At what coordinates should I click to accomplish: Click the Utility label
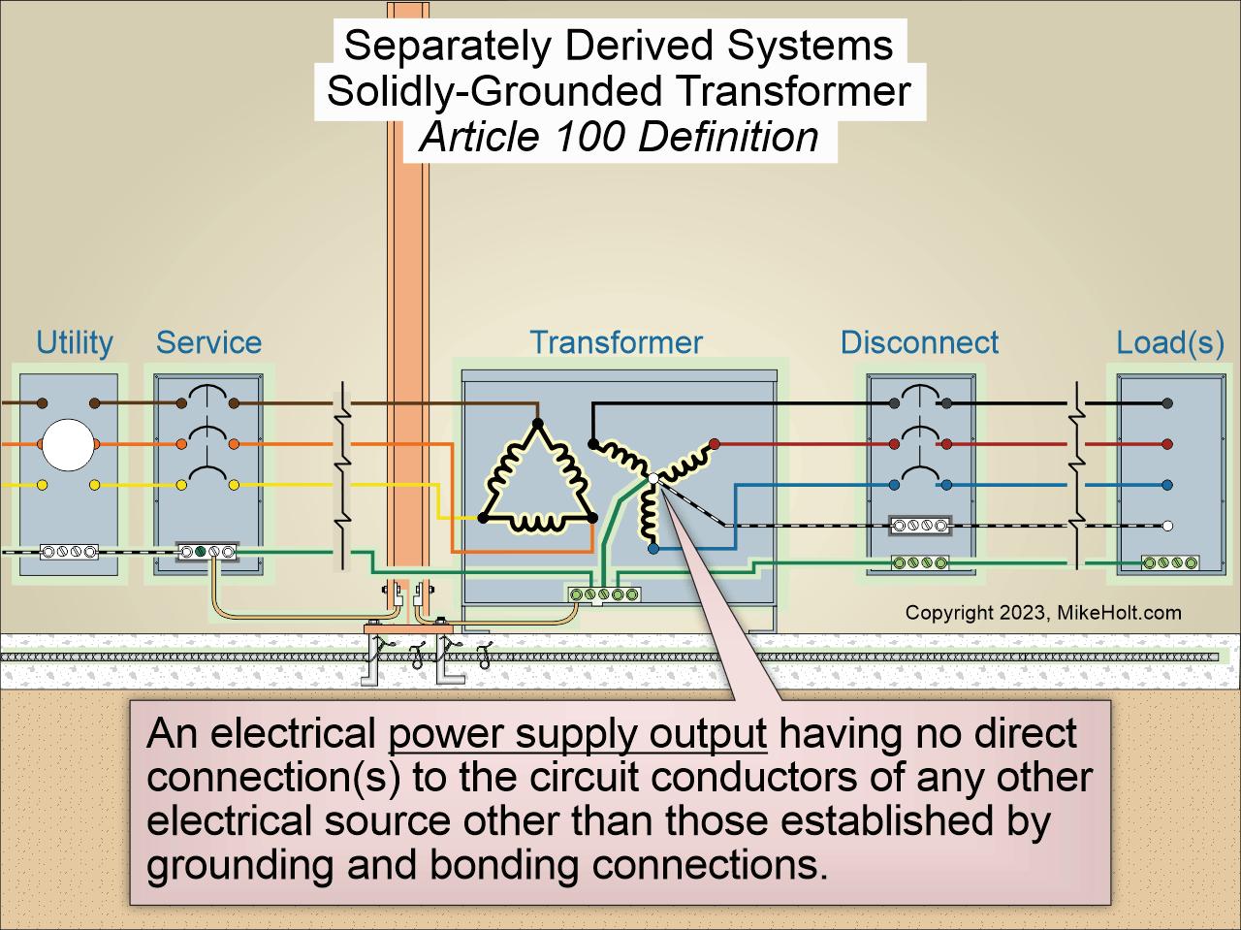tap(75, 342)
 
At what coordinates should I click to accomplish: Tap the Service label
tap(208, 342)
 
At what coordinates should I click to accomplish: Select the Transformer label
tap(617, 342)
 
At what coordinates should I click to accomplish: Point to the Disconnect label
tap(919, 342)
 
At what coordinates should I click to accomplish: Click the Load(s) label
tap(1170, 343)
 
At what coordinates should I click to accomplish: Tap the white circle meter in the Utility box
tap(69, 444)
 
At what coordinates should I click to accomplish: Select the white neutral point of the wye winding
tap(653, 479)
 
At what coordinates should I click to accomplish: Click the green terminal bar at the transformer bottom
tap(604, 594)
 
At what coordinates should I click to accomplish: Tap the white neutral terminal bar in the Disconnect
tap(920, 526)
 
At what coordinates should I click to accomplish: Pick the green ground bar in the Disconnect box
tap(920, 563)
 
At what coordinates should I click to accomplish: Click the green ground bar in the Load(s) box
tap(1170, 563)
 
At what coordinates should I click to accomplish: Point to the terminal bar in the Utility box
tap(69, 552)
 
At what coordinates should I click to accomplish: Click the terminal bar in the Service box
tap(207, 551)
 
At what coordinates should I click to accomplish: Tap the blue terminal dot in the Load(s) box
tap(1167, 485)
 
